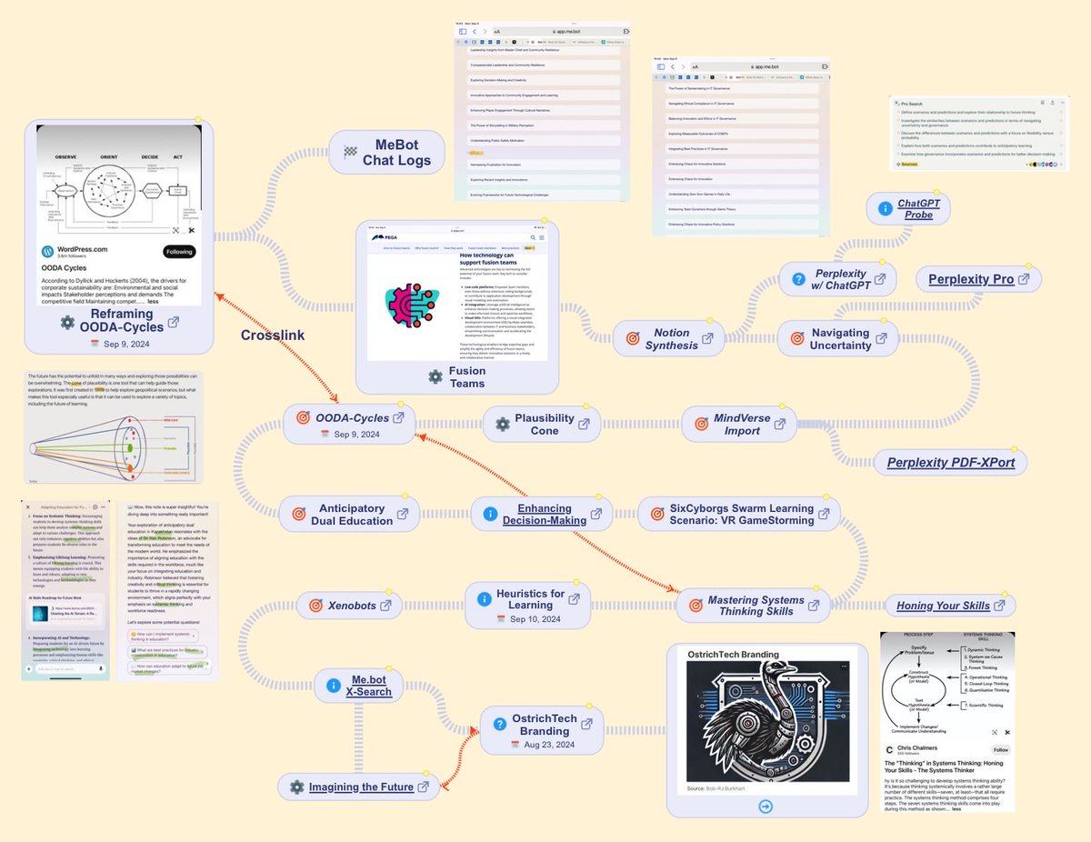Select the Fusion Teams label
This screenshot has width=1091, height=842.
(x=466, y=376)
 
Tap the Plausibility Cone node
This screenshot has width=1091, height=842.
(x=544, y=424)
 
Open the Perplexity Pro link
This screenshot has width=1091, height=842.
(x=971, y=279)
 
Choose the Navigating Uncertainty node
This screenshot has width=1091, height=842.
(x=840, y=338)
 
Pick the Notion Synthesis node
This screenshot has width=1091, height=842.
(x=671, y=339)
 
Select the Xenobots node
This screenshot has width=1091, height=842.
(x=350, y=604)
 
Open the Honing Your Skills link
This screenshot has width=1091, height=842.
(x=943, y=606)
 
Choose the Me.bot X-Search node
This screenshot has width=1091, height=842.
(x=371, y=686)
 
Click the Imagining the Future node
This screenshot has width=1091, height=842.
(x=361, y=787)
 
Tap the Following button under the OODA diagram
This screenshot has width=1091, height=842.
(x=179, y=252)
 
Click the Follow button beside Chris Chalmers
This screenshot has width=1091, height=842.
(x=1000, y=750)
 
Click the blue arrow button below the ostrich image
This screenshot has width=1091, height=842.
(x=765, y=806)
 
